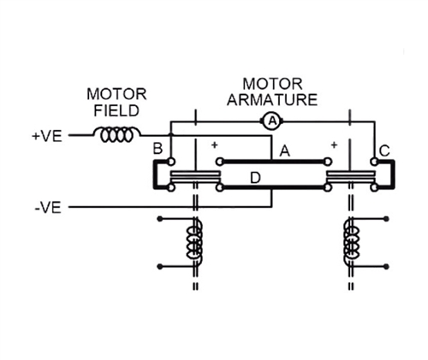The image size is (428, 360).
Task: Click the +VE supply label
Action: coord(47,136)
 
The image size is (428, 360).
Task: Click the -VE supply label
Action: coord(48,208)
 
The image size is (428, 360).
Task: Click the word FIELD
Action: coord(116,110)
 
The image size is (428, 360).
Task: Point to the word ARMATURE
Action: coord(272,100)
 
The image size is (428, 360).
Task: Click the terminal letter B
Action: coord(158,149)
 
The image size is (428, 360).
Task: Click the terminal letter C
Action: coord(384,150)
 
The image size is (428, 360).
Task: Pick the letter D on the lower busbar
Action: coord(255,178)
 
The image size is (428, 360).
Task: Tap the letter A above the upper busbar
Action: coord(284,150)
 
